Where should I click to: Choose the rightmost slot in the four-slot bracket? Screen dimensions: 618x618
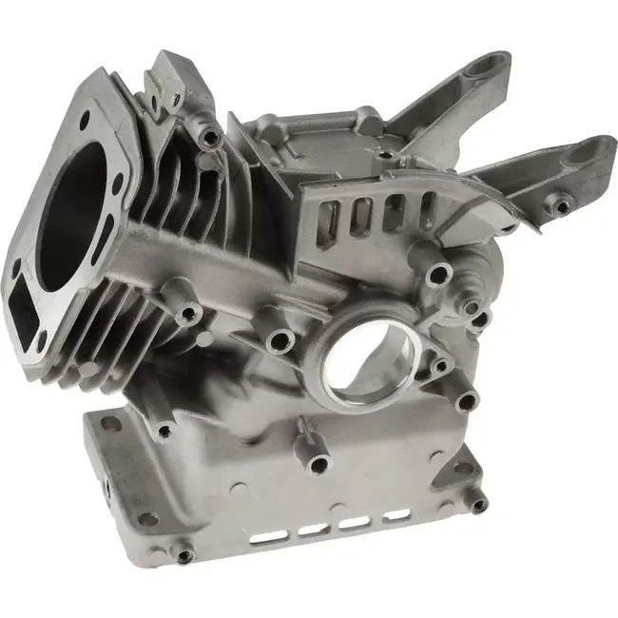click(x=425, y=206)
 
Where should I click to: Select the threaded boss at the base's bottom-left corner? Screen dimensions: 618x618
click(x=183, y=549)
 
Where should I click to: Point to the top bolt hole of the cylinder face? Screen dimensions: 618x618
click(x=86, y=119)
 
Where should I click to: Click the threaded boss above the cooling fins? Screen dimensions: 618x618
click(x=210, y=138)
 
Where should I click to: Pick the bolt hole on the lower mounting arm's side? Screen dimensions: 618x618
click(x=562, y=204)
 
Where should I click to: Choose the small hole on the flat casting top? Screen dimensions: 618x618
click(x=384, y=151)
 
